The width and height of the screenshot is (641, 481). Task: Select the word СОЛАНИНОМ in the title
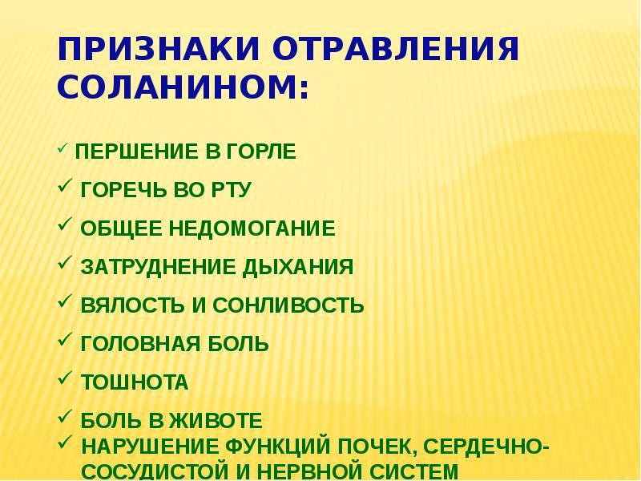click(x=183, y=87)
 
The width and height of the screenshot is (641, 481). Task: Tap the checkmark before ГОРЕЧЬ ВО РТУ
click(x=65, y=188)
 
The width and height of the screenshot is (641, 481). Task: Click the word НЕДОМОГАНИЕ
click(x=252, y=228)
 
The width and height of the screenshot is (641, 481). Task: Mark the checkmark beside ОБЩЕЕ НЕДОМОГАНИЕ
click(x=65, y=227)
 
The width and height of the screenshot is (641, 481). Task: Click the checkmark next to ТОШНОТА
click(x=65, y=381)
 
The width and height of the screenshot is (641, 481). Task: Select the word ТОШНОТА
click(x=135, y=383)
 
